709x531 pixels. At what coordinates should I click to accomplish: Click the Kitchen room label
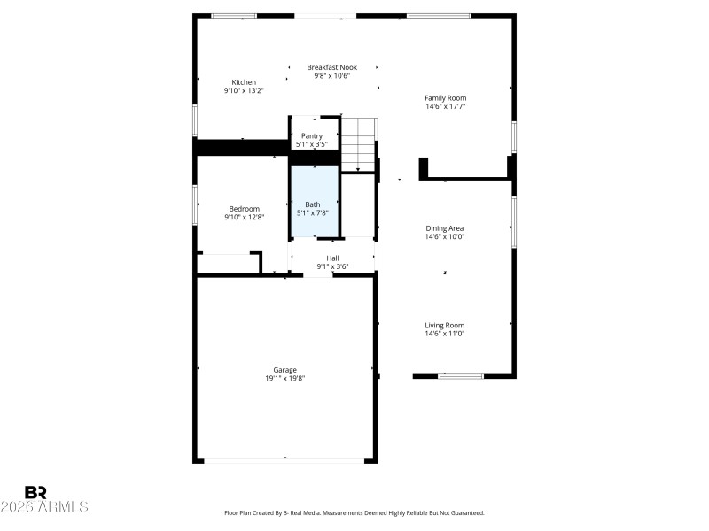(x=244, y=82)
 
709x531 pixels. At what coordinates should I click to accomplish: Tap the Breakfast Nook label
(x=331, y=67)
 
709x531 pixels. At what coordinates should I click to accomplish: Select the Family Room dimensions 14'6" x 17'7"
(x=445, y=106)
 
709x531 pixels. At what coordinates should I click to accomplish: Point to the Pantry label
(x=312, y=135)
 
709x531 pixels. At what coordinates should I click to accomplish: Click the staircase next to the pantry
(x=359, y=143)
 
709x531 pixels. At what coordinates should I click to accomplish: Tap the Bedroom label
(x=244, y=209)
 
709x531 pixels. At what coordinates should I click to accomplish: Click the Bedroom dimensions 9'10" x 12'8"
(x=244, y=217)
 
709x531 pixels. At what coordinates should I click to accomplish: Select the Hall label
(x=332, y=258)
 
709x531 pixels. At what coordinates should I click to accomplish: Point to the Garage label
(x=284, y=370)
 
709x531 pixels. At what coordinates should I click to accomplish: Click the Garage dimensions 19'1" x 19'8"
(x=284, y=378)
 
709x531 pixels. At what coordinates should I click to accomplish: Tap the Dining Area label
(x=445, y=228)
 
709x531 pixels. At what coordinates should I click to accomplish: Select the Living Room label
(x=445, y=325)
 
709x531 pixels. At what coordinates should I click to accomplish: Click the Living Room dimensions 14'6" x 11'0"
(x=445, y=334)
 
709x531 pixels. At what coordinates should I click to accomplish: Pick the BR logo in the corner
(x=35, y=492)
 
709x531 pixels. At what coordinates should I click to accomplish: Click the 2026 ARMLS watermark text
(x=44, y=507)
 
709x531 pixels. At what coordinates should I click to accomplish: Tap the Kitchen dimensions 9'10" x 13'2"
(x=244, y=90)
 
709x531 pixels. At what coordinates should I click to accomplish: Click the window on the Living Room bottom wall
(x=461, y=376)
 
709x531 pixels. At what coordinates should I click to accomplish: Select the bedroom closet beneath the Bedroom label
(x=228, y=263)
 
